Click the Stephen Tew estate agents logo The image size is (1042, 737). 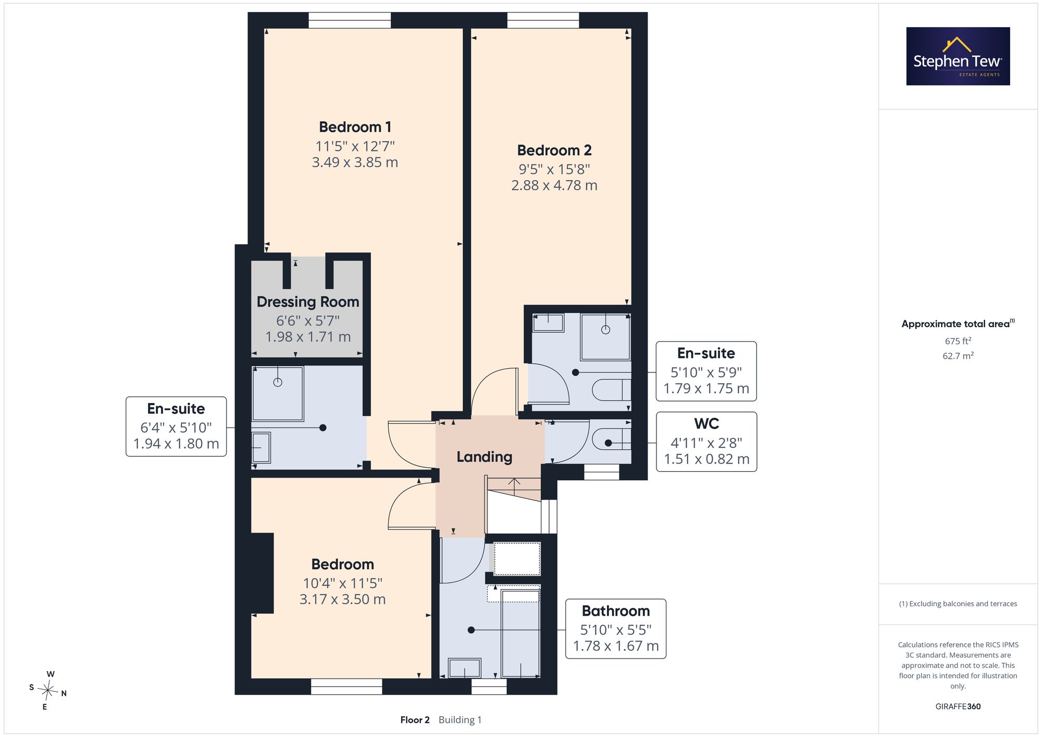(958, 56)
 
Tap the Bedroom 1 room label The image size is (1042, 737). (355, 127)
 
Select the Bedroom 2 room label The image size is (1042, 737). (554, 151)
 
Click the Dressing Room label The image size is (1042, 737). (308, 302)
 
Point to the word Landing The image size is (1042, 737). (485, 457)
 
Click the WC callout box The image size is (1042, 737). (706, 442)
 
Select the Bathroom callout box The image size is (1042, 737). (616, 629)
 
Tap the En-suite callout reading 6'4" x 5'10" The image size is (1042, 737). (176, 427)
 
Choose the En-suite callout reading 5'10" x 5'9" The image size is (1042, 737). (706, 371)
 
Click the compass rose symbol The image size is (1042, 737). (48, 691)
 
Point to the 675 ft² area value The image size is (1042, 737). (958, 341)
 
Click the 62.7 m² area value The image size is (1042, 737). (958, 356)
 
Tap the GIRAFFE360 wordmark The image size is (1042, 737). (958, 707)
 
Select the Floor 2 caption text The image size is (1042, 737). (415, 720)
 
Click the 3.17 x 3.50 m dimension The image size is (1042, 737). (342, 599)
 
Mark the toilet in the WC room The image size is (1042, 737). (611, 442)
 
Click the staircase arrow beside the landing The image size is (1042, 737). (514, 486)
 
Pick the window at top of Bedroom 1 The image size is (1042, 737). (350, 20)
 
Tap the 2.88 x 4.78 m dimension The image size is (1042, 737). (554, 185)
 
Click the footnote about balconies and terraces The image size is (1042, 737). (958, 604)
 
